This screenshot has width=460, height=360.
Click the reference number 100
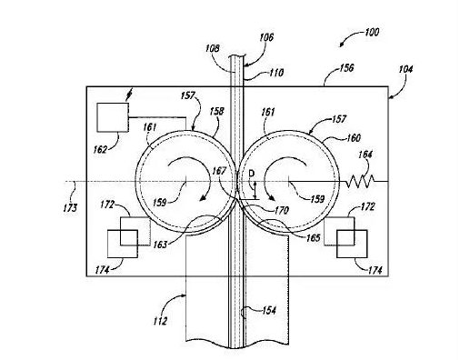372,32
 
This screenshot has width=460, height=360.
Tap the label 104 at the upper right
405,69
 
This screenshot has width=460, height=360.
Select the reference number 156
346,67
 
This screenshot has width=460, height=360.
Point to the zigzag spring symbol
361,181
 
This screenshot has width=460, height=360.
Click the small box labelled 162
113,117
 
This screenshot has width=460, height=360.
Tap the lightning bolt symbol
129,95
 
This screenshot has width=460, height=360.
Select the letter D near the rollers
252,174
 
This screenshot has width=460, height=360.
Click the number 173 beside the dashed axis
70,208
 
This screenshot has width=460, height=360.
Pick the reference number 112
160,321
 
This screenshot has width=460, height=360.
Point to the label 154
269,310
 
